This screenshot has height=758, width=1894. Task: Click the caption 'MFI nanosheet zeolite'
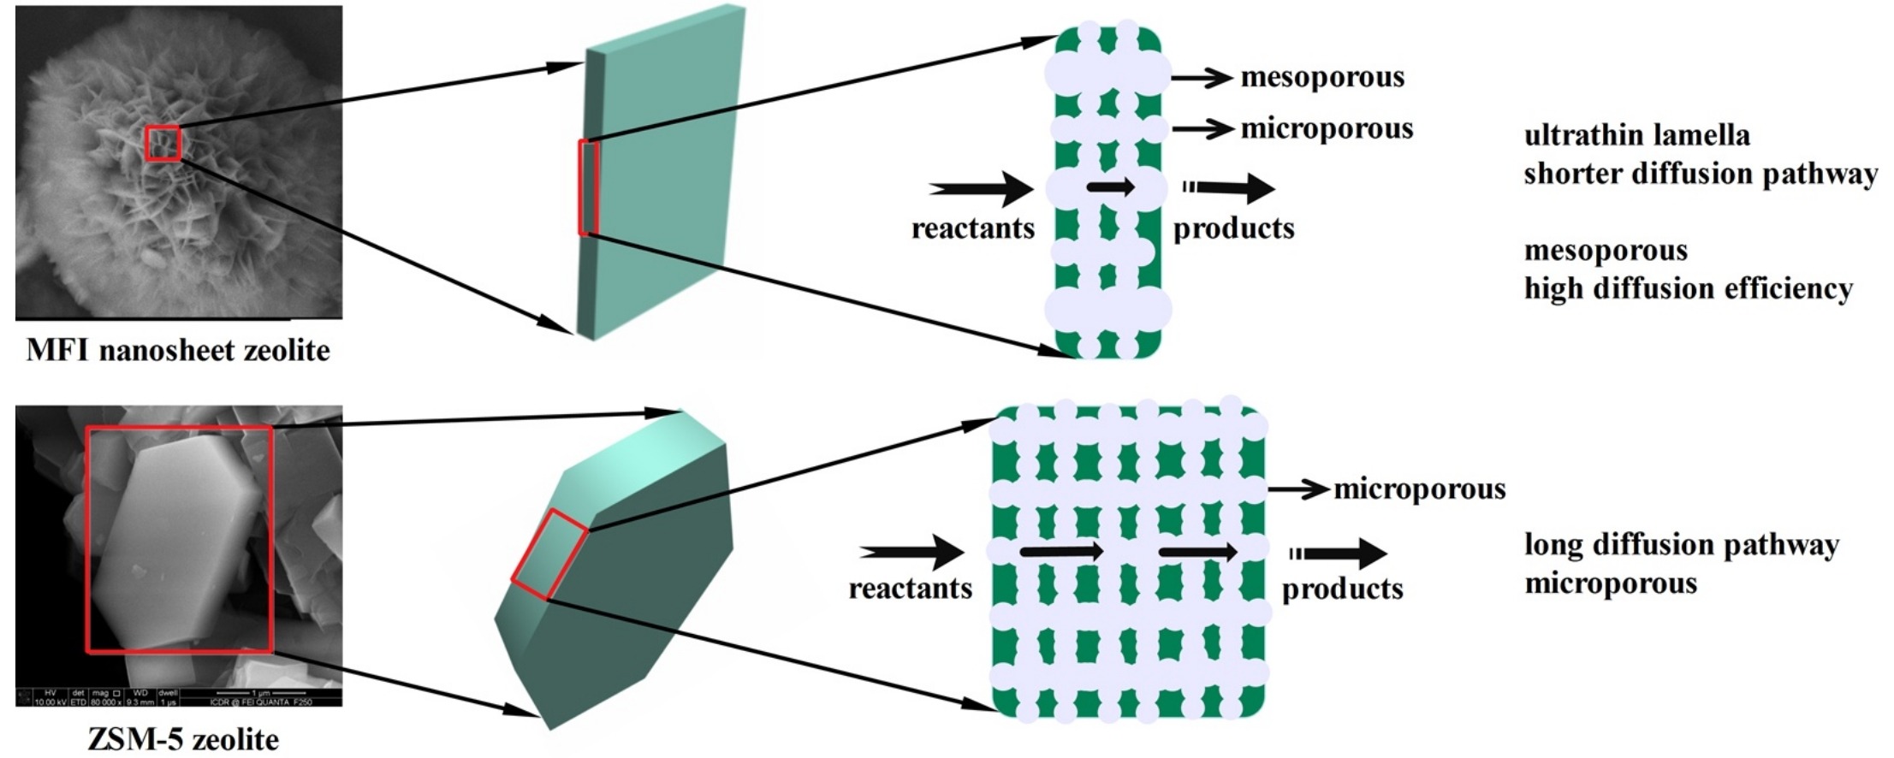(178, 350)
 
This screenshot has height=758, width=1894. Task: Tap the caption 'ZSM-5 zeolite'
(182, 738)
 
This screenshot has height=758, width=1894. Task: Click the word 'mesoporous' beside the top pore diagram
(1322, 77)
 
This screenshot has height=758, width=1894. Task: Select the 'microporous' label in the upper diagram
(1327, 128)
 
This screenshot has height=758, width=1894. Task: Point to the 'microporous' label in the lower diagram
(1419, 489)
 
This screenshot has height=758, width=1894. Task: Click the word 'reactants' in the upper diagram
(972, 228)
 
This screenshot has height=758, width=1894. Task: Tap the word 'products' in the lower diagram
(1342, 589)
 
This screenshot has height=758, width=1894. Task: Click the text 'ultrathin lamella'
(1636, 135)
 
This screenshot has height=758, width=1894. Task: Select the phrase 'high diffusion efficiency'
(1688, 288)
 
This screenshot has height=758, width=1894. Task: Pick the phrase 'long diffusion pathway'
(1681, 545)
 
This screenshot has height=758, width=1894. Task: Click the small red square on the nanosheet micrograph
(163, 143)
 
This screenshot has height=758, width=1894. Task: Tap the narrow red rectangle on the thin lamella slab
(587, 187)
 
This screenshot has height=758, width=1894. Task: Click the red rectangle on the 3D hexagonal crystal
(549, 554)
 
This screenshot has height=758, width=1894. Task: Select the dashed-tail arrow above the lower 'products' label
(1339, 554)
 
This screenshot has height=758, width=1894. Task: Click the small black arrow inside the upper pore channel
(1110, 187)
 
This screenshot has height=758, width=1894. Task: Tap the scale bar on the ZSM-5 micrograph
(261, 692)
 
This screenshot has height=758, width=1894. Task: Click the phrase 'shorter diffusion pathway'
(1701, 174)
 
